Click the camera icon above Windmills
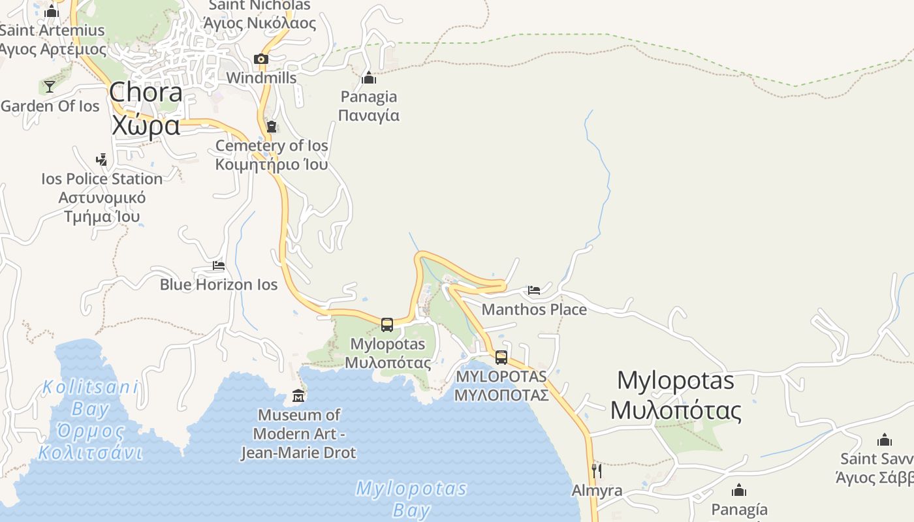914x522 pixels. [x=261, y=59]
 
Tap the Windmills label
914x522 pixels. [x=261, y=78]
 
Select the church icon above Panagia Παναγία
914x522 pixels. [x=369, y=78]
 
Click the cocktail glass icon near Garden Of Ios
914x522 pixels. [x=50, y=86]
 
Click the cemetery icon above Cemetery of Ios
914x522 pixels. [x=272, y=126]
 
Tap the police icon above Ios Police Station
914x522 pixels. [x=101, y=159]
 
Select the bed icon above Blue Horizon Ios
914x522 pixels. [x=219, y=266]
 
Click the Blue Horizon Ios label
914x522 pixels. [x=219, y=284]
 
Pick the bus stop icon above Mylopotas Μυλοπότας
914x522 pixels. [x=387, y=324]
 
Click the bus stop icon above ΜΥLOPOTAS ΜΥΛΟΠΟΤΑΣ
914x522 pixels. [x=501, y=357]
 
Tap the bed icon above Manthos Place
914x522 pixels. [x=534, y=290]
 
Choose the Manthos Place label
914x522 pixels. [x=534, y=309]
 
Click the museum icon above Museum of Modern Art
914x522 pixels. [x=298, y=395]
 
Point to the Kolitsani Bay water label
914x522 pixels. [x=90, y=420]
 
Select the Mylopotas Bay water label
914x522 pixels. [x=411, y=499]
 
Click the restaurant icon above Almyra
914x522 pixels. [x=597, y=470]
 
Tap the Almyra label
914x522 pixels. [x=597, y=491]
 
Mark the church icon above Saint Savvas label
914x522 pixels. [x=885, y=440]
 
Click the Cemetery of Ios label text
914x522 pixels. [x=272, y=155]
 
